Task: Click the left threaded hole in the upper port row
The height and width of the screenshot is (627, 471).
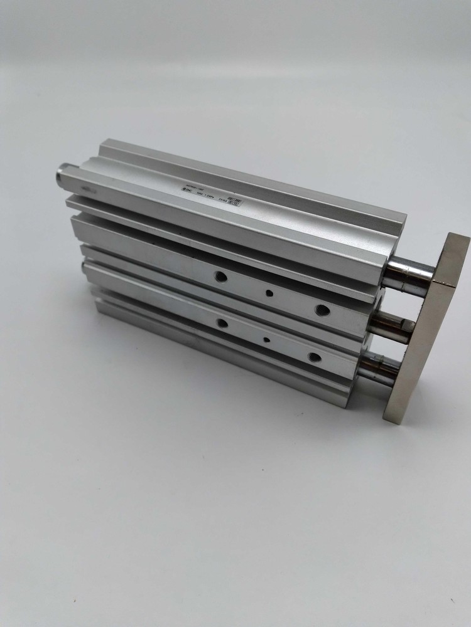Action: pos(221,276)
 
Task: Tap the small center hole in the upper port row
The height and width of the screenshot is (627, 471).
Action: pos(269,293)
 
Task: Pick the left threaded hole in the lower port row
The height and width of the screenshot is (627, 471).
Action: pos(222,323)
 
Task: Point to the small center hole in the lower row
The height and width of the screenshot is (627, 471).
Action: pos(267,340)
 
